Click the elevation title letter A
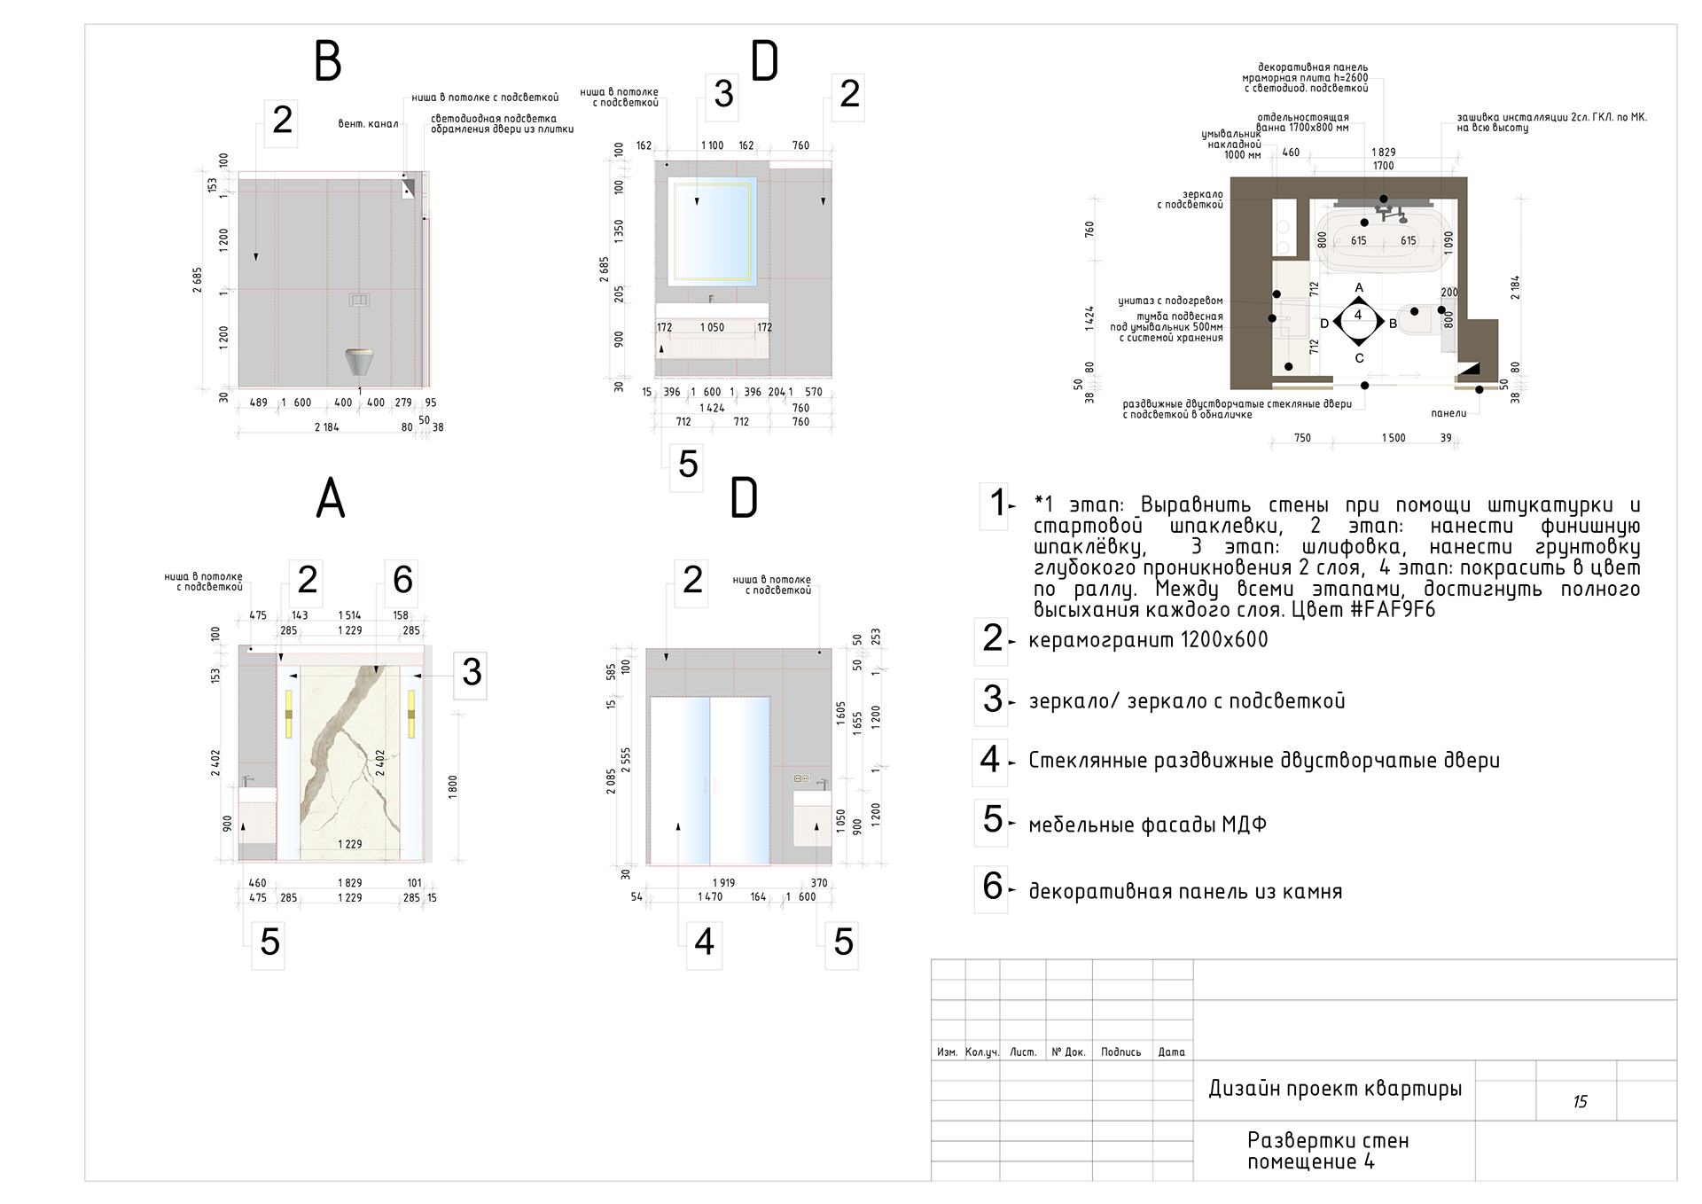tap(330, 498)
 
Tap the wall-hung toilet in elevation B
tap(360, 362)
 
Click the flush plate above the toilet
tap(360, 300)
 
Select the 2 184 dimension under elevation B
tap(326, 427)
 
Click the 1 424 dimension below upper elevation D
tap(712, 408)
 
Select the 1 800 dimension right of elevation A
tap(453, 785)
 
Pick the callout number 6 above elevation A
tap(402, 580)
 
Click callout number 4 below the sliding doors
tap(704, 942)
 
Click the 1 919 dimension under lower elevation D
tap(724, 883)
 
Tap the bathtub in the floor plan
tap(1383, 240)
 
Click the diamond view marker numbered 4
tap(1358, 316)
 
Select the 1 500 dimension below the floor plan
tap(1394, 438)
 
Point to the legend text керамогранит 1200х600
tap(1148, 640)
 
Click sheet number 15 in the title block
tap(1580, 1102)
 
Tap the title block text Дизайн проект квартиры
tap(1335, 1089)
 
